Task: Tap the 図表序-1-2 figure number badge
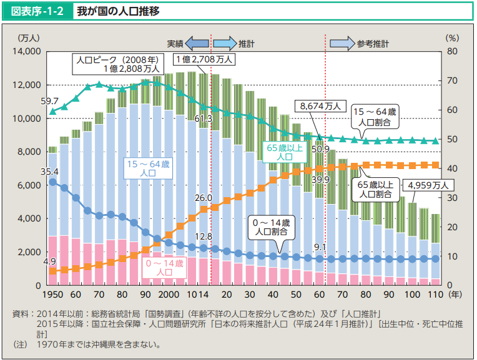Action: coord(37,11)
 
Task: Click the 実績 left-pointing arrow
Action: coord(197,44)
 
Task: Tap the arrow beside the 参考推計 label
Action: coord(342,44)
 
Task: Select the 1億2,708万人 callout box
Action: coord(204,59)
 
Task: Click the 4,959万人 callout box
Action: coord(428,185)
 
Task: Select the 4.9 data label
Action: coord(50,261)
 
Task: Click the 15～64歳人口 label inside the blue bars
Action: coord(147,168)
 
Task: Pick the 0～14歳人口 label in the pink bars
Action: coord(165,268)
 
